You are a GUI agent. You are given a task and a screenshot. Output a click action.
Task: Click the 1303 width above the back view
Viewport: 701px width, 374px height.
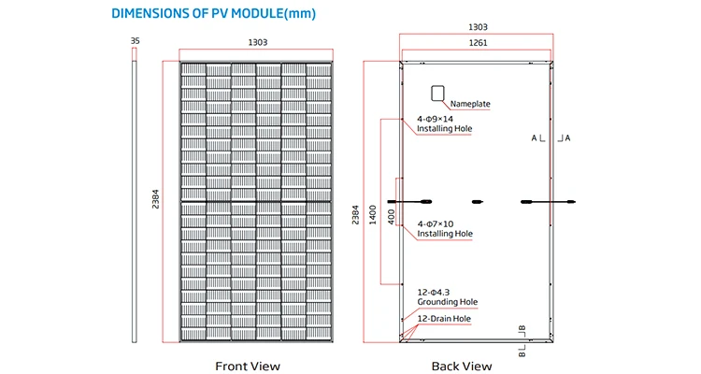click(x=477, y=28)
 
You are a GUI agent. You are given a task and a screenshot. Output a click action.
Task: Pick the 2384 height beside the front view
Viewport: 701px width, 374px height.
click(x=153, y=202)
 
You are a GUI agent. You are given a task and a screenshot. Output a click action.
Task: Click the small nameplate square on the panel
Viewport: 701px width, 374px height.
click(x=436, y=93)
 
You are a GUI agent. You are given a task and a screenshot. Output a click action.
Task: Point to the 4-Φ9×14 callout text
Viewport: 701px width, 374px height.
click(x=435, y=118)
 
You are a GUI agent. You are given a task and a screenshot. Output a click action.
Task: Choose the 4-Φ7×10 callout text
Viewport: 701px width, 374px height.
click(x=435, y=223)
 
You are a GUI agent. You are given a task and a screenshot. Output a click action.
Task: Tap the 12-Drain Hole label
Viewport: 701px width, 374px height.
click(x=444, y=319)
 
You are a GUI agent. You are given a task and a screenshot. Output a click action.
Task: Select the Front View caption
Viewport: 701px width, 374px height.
click(x=248, y=366)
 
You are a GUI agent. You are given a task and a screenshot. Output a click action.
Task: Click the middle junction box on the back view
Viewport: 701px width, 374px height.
click(x=478, y=201)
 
